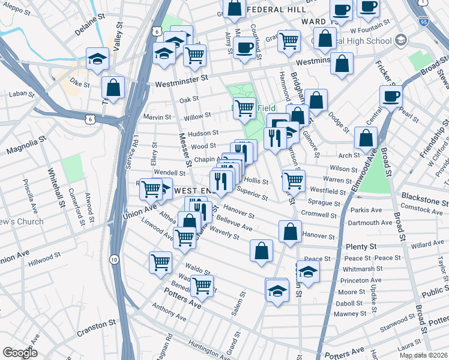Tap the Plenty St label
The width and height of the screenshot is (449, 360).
coord(361,247)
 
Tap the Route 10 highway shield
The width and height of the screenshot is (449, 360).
coord(114,259)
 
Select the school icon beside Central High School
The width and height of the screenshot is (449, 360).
coord(400,40)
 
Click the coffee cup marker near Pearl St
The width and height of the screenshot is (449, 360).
coord(390,95)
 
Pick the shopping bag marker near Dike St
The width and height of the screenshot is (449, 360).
coord(113,86)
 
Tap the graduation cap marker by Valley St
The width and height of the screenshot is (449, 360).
coord(97,58)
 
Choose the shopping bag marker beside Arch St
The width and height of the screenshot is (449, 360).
coord(366,138)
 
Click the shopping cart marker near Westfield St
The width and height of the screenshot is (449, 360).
coord(293,179)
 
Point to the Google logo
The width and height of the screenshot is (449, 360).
coord(20,353)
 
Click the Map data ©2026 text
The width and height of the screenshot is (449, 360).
coord(423,355)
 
